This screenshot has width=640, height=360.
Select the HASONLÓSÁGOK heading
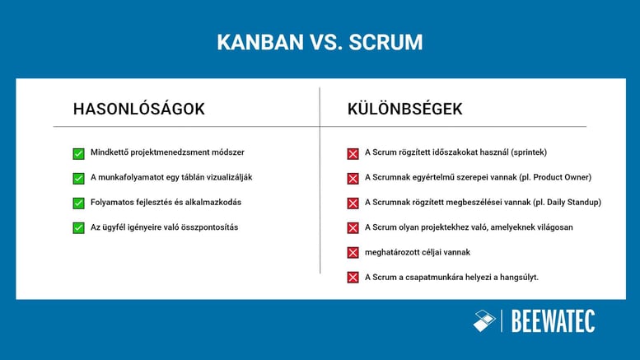[x=138, y=109]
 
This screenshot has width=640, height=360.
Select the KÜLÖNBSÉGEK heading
[x=404, y=109]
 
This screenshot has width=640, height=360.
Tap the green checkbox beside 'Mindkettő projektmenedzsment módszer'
[x=78, y=153]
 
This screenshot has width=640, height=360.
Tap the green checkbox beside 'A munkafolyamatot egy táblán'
[x=78, y=178]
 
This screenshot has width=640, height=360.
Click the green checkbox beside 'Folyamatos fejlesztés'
[x=78, y=203]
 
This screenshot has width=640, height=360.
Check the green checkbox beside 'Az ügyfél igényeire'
[x=78, y=227]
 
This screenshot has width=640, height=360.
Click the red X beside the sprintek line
[x=353, y=153]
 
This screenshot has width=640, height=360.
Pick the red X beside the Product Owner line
[x=353, y=178]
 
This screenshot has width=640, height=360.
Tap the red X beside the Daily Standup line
[x=353, y=203]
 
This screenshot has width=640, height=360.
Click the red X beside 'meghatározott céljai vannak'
[x=353, y=252]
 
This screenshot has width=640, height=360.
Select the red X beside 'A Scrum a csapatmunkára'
[x=353, y=277]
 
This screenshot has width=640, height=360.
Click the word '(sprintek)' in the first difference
[x=528, y=152]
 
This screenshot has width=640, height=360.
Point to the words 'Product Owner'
[x=559, y=177]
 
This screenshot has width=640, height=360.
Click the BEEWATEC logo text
[x=553, y=321]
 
